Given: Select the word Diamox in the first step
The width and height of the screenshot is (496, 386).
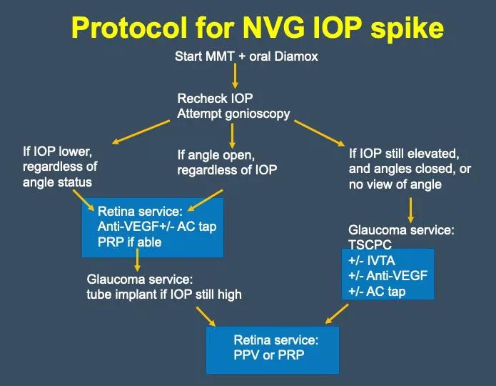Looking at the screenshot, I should [x=292, y=56].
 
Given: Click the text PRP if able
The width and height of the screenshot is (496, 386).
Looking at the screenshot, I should [x=130, y=242].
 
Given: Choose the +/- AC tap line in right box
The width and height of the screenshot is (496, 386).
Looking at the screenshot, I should [x=377, y=291].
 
